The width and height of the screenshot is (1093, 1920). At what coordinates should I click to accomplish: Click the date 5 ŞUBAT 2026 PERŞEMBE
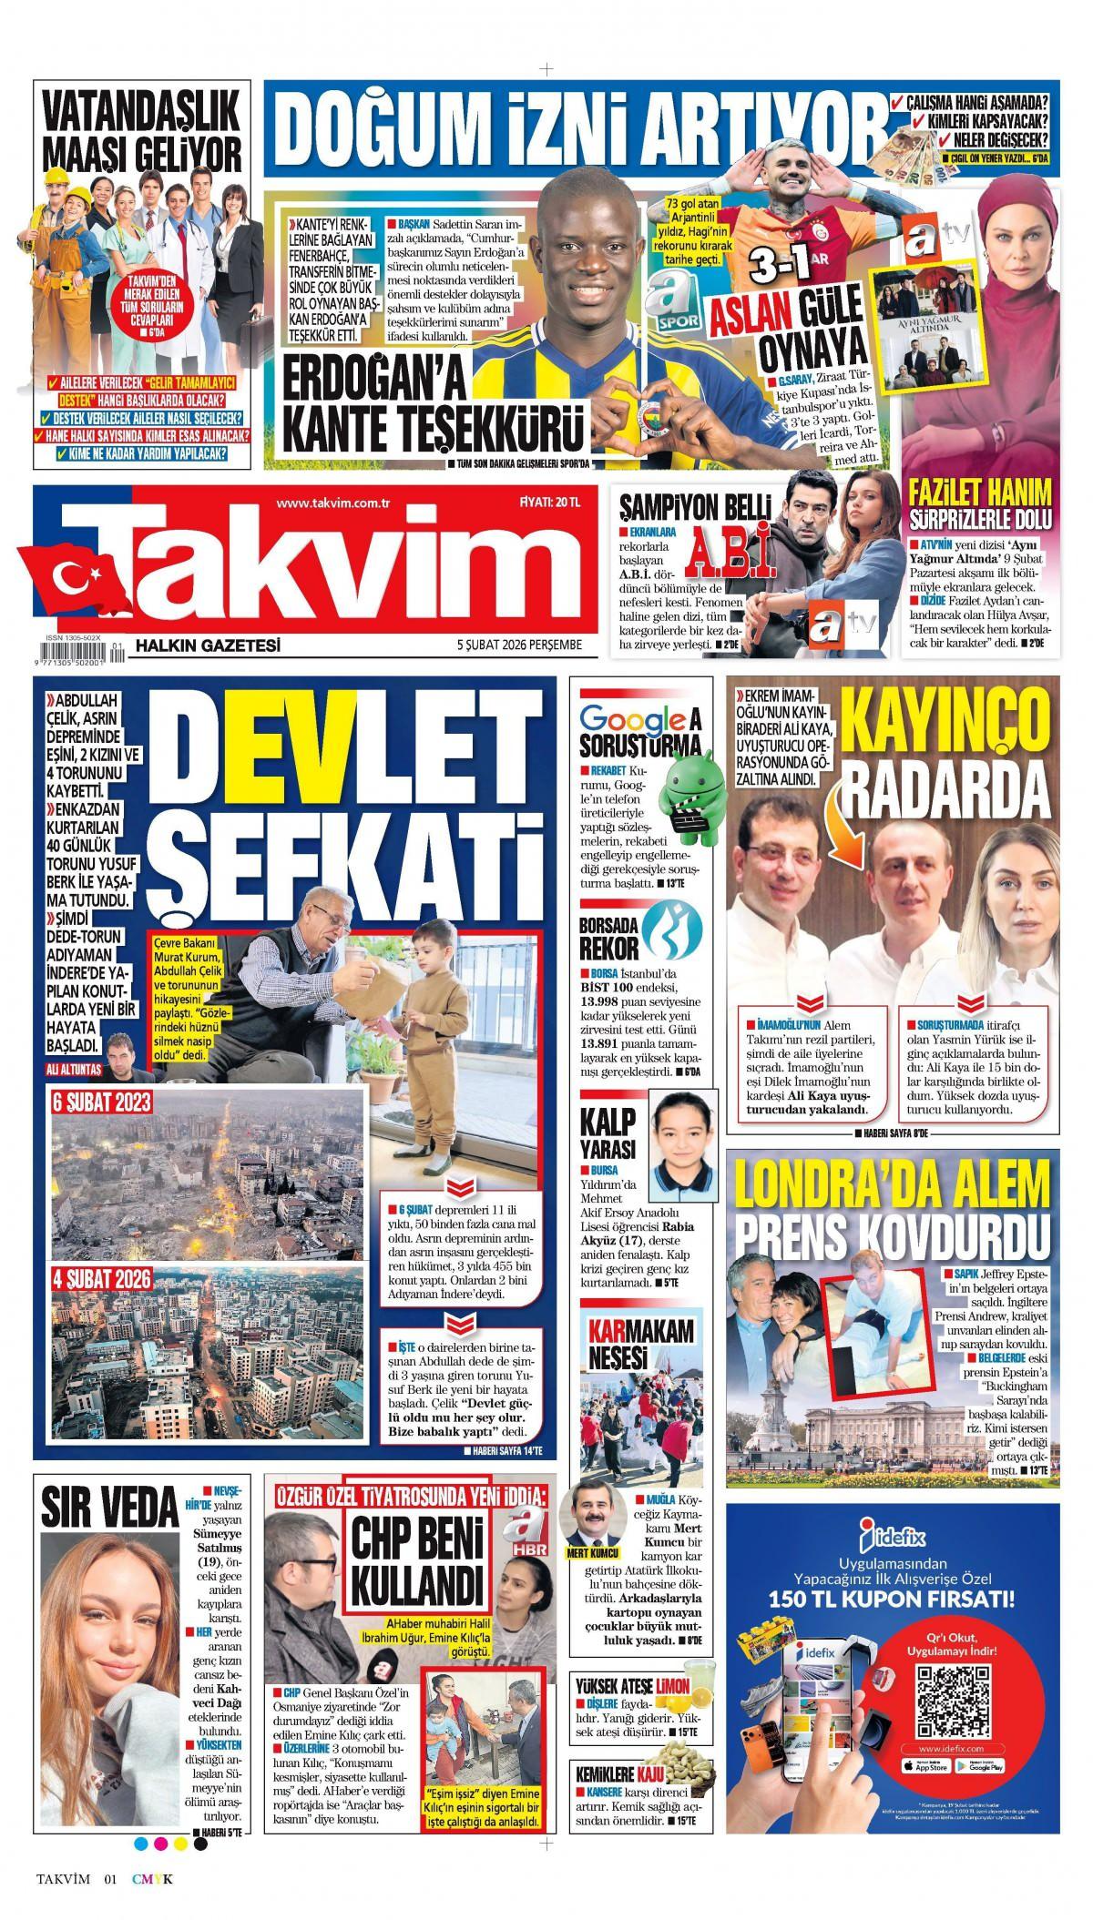[506, 645]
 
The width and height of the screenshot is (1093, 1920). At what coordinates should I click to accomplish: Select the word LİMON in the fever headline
[672, 1683]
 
